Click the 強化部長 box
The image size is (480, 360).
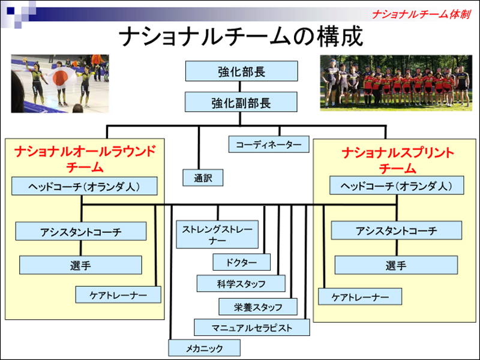tap(241, 72)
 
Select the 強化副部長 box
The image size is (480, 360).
tap(241, 103)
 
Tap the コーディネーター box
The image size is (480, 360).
tap(268, 145)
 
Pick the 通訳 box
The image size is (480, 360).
tap(199, 178)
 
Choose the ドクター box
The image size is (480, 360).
tap(241, 262)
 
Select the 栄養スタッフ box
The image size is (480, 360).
tap(258, 307)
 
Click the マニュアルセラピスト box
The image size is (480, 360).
tap(252, 328)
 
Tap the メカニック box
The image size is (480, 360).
tap(204, 347)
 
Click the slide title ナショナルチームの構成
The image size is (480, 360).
tap(240, 37)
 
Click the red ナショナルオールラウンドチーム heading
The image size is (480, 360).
tap(85, 158)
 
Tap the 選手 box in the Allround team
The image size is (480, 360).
tap(80, 265)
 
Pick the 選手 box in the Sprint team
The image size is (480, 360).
tap(396, 265)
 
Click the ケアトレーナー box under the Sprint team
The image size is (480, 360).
tap(360, 296)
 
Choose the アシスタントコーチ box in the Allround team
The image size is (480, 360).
tap(80, 231)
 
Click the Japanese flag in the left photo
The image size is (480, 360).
tap(60, 77)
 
